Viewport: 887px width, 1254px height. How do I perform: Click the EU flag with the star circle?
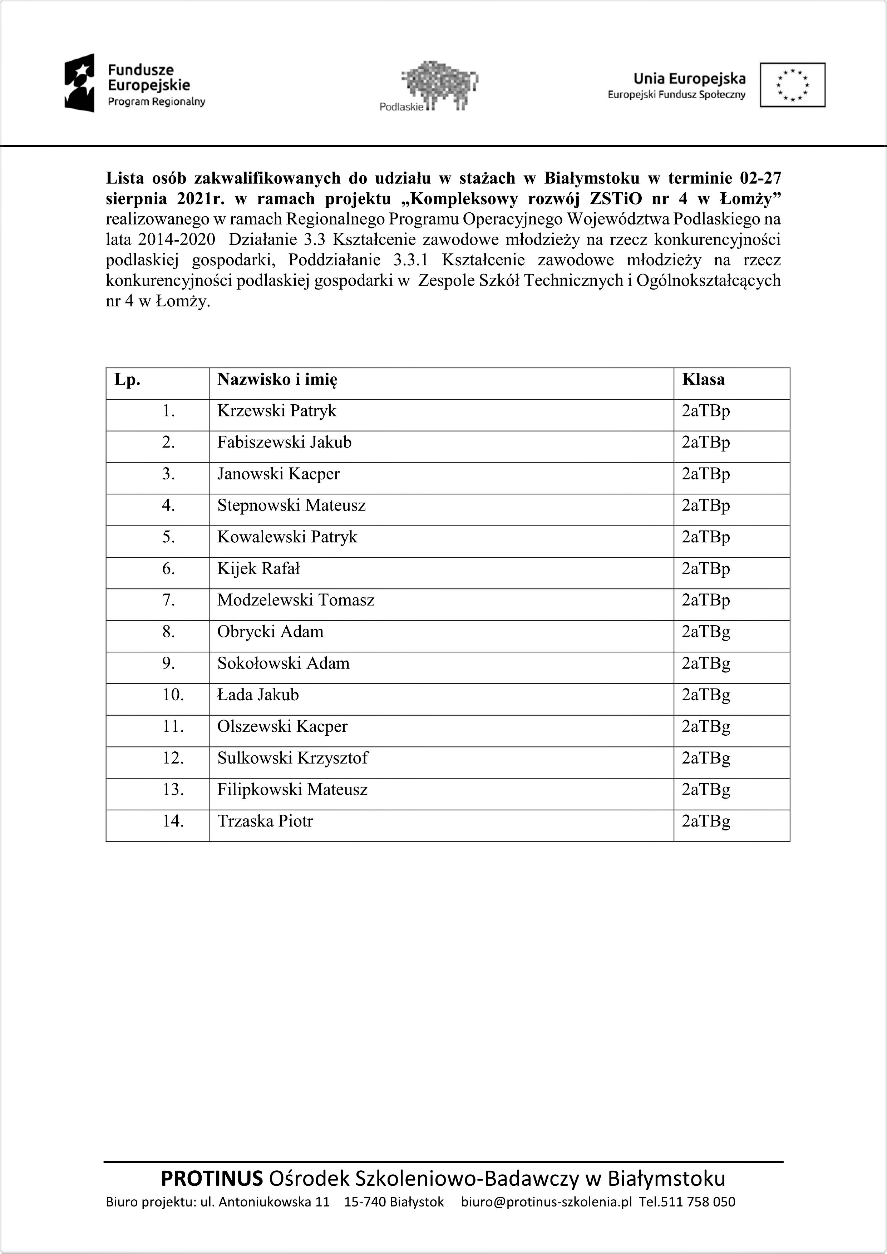[x=793, y=85]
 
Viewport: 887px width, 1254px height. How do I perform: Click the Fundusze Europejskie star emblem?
[x=80, y=83]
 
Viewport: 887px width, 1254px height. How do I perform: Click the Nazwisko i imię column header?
[x=277, y=380]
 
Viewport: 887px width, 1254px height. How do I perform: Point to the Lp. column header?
[x=127, y=380]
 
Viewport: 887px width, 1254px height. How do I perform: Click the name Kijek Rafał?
[x=258, y=569]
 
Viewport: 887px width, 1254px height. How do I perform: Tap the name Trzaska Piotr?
[x=265, y=821]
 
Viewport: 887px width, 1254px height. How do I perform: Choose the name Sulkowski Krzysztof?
[x=293, y=758]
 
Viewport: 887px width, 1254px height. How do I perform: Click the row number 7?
[x=169, y=600]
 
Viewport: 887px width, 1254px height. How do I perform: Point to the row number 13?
[x=173, y=790]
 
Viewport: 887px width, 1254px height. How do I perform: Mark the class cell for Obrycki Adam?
[x=706, y=632]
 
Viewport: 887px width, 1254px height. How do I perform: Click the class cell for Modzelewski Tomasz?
[x=706, y=600]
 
